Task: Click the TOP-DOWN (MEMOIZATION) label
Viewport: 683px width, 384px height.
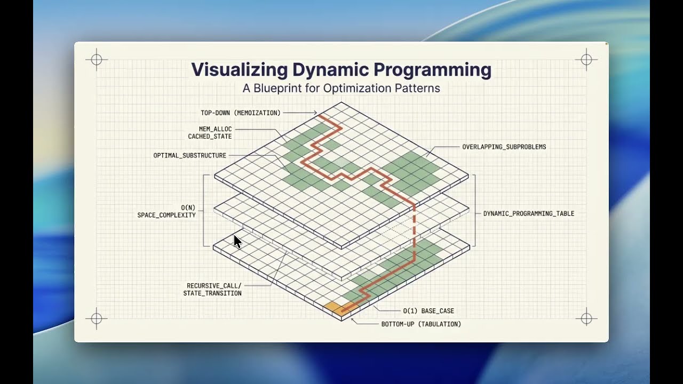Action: tap(241, 113)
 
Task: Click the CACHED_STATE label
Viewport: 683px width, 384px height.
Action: tap(210, 137)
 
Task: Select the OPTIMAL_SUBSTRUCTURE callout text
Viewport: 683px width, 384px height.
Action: tap(190, 156)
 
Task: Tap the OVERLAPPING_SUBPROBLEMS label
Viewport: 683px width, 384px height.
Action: tap(504, 147)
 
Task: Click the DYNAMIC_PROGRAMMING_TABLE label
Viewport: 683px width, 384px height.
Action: tap(529, 213)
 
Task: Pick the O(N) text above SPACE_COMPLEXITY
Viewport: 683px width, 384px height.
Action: tap(188, 207)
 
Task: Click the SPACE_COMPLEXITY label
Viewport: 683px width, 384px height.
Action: tap(166, 215)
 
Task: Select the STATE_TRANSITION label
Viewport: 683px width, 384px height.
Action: tap(212, 293)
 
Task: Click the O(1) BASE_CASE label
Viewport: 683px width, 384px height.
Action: tap(428, 311)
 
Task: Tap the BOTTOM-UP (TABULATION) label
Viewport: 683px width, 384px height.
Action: tap(421, 324)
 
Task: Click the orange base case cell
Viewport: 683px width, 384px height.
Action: tap(332, 308)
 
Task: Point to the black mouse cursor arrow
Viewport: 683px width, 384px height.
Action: tap(237, 242)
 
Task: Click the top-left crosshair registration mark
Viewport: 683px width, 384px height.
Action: tap(97, 60)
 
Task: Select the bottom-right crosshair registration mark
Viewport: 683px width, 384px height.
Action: tap(586, 319)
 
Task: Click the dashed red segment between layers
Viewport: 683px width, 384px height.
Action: tap(414, 224)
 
